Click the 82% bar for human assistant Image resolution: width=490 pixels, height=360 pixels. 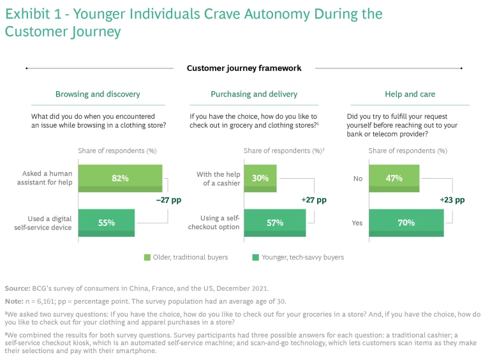(120, 179)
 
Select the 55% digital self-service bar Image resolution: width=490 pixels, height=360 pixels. (106, 223)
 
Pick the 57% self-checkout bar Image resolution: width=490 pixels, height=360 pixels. (274, 223)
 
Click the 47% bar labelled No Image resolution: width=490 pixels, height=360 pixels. (394, 179)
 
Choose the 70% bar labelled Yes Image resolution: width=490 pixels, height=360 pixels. (406, 223)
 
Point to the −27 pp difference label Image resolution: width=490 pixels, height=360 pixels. (168, 200)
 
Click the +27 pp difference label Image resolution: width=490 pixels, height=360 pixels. (313, 200)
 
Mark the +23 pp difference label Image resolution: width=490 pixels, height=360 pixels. (452, 200)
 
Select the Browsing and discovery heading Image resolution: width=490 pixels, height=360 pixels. (98, 94)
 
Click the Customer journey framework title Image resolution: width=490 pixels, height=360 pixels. (244, 68)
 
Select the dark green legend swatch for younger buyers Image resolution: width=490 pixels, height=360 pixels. (255, 257)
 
